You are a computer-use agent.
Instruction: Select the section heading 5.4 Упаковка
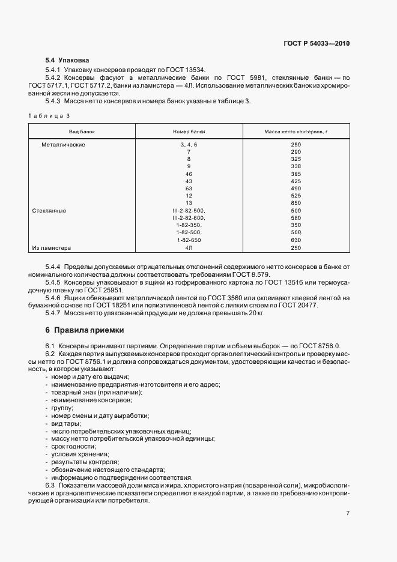[67, 60]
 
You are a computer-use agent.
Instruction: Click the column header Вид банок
[82, 131]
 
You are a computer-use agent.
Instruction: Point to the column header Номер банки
[189, 131]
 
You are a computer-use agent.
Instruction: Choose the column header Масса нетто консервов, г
[295, 131]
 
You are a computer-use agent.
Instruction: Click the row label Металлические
[63, 145]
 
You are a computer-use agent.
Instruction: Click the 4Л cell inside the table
[189, 247]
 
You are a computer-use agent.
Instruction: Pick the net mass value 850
[295, 204]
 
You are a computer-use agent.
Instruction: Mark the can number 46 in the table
[189, 174]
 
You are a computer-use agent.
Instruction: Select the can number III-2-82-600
[189, 218]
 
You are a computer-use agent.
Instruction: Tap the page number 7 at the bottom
[348, 513]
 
